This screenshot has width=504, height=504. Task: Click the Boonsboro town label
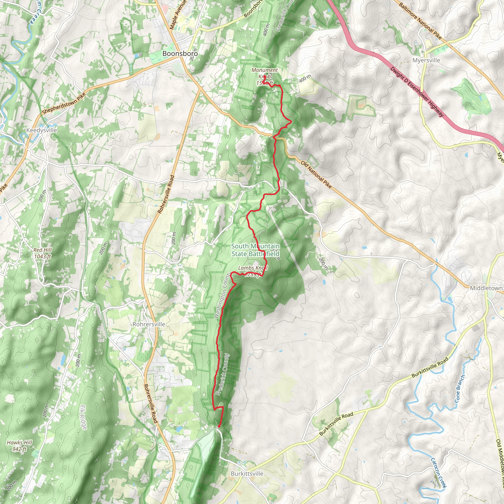pyautogui.click(x=180, y=53)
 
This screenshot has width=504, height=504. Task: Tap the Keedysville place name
pyautogui.click(x=42, y=130)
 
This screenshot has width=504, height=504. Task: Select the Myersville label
pyautogui.click(x=426, y=60)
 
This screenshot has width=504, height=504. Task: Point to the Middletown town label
pyautogui.click(x=486, y=288)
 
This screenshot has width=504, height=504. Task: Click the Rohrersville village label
pyautogui.click(x=149, y=324)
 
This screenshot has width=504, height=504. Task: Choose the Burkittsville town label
pyautogui.click(x=247, y=473)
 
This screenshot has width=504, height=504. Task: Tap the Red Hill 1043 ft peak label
pyautogui.click(x=43, y=253)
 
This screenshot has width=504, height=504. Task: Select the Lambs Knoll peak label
pyautogui.click(x=253, y=268)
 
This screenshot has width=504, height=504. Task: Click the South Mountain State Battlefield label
pyautogui.click(x=255, y=250)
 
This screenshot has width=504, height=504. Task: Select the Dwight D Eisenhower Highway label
pyautogui.click(x=417, y=92)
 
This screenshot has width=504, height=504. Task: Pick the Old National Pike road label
pyautogui.click(x=316, y=175)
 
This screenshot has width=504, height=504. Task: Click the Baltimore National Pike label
pyautogui.click(x=420, y=20)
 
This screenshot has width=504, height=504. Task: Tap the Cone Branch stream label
pyautogui.click(x=459, y=389)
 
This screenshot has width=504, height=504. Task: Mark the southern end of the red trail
pyautogui.click(x=219, y=426)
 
